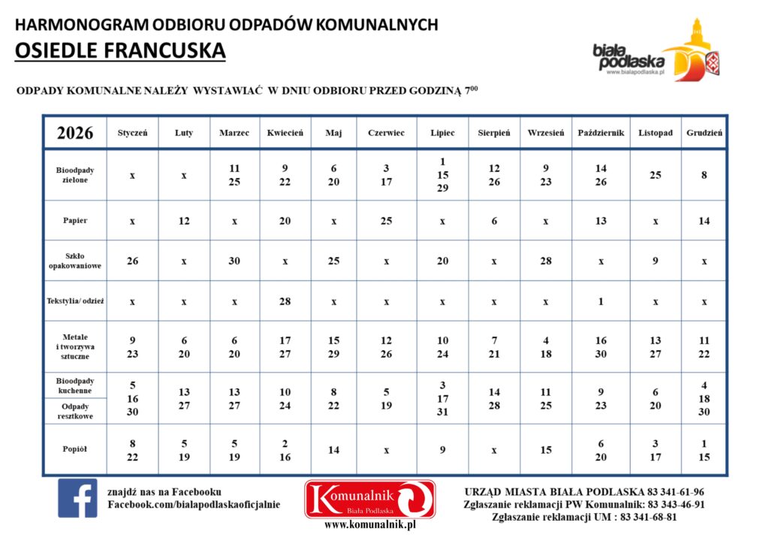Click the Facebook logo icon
pos(77,498)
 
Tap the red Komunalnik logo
pos(369,499)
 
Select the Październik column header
pos(601,133)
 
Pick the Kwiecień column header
pos(285,133)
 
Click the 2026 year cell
pos(75,133)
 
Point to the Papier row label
pos(75,221)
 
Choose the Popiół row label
pos(75,450)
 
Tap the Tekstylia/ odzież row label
pos(75,301)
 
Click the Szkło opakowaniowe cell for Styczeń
pos(132,261)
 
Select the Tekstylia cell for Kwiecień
pos(285,301)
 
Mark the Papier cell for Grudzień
pos(704,221)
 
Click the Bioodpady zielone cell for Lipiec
pos(442,175)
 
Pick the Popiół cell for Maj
pos(333,450)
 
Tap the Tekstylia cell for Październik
pos(601,301)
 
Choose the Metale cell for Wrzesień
pos(546,347)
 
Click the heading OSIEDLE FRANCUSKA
pos(120,50)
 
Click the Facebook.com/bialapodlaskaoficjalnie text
pos(194,504)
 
